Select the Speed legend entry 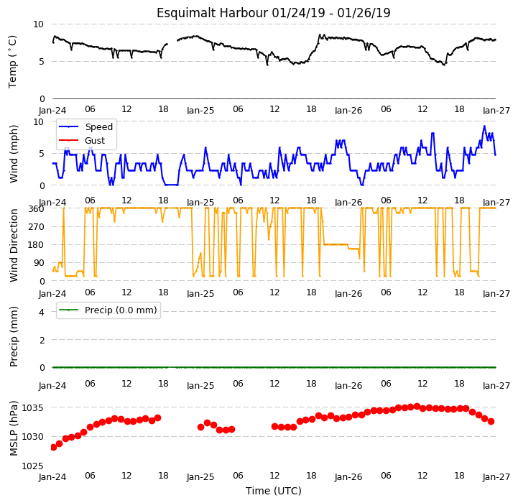point(86,127)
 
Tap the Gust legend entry point(82,140)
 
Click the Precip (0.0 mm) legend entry point(108,310)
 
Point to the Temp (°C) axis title point(12,62)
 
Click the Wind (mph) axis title point(13,154)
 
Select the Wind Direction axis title point(13,245)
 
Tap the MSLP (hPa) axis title point(13,428)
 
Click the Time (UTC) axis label point(274,491)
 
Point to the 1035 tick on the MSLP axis point(32,408)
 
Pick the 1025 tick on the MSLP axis point(32,466)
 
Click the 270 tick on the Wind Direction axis point(36,227)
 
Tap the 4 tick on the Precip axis point(41,312)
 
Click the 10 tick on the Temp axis point(38,24)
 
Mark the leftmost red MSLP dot point(53,447)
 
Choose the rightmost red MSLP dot point(491,421)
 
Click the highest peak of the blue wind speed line point(484,126)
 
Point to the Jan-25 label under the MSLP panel point(200,477)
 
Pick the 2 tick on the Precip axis point(41,340)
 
